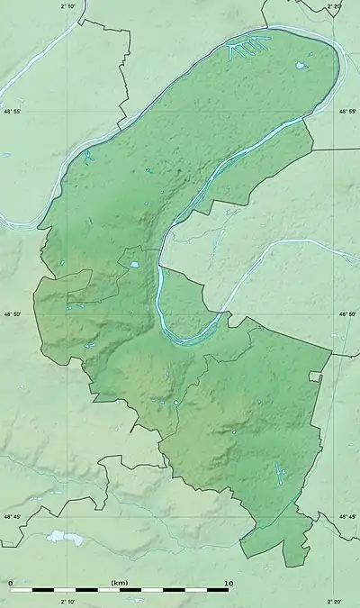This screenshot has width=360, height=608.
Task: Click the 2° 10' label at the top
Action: [x=68, y=6]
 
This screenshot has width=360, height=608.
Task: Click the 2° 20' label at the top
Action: [x=333, y=6]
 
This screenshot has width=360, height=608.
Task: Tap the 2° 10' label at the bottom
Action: [x=68, y=601]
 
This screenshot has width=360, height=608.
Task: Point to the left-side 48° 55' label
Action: [x=12, y=111]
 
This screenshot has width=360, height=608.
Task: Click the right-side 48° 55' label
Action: [x=348, y=111]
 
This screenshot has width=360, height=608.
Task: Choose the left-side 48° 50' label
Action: [x=12, y=314]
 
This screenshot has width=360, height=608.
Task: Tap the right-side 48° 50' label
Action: [x=348, y=314]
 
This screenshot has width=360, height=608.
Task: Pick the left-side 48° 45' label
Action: [x=12, y=516]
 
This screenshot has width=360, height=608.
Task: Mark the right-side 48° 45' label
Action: [x=348, y=516]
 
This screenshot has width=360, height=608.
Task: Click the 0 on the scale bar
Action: [x=10, y=584]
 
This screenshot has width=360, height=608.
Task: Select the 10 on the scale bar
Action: [x=228, y=584]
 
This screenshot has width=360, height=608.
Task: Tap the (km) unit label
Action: [x=119, y=584]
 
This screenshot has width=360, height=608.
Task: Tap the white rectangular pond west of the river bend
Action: [x=135, y=265]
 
